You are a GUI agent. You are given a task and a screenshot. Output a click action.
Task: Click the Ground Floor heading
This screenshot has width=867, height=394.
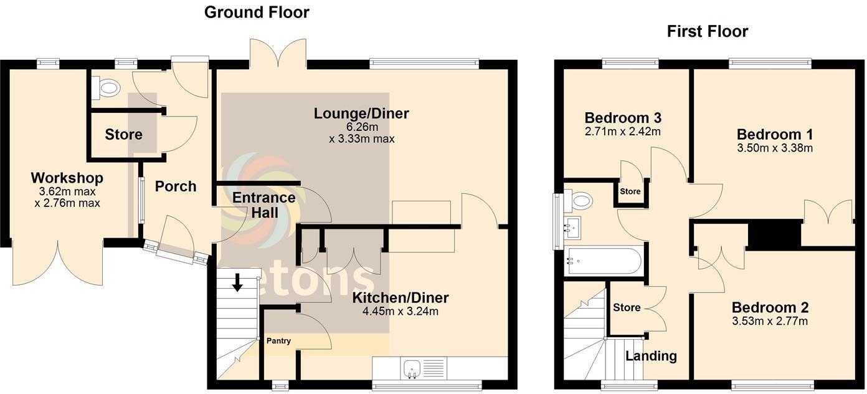tap(257, 12)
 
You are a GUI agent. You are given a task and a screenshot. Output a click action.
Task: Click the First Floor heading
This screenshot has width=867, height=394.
tap(708, 31)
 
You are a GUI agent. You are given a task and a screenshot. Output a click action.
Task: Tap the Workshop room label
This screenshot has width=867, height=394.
tap(67, 178)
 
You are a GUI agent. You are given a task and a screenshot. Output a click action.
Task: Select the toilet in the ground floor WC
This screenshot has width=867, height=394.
tap(106, 88)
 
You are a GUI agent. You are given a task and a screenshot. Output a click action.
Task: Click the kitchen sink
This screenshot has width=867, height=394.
tap(412, 367)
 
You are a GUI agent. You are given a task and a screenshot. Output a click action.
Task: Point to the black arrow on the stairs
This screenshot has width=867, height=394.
tap(237, 283)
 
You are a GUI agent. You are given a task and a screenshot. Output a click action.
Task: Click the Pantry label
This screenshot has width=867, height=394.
tap(278, 341)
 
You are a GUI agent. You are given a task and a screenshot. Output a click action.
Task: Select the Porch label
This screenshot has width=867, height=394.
tap(176, 186)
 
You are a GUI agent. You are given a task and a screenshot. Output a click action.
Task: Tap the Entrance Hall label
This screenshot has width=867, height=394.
tap(264, 205)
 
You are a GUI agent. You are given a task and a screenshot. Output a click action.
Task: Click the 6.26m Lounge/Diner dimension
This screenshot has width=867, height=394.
tap(361, 127)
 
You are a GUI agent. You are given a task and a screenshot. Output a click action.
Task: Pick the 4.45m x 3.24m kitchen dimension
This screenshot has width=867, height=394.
tap(401, 312)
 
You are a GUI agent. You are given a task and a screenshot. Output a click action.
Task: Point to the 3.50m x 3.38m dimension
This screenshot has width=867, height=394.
tap(775, 148)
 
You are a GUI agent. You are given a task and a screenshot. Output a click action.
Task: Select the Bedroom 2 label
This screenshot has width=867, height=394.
tap(770, 307)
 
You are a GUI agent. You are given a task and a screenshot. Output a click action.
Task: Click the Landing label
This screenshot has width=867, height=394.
tap(651, 356)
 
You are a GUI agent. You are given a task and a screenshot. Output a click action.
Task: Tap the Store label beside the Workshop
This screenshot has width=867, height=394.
tap(123, 135)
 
